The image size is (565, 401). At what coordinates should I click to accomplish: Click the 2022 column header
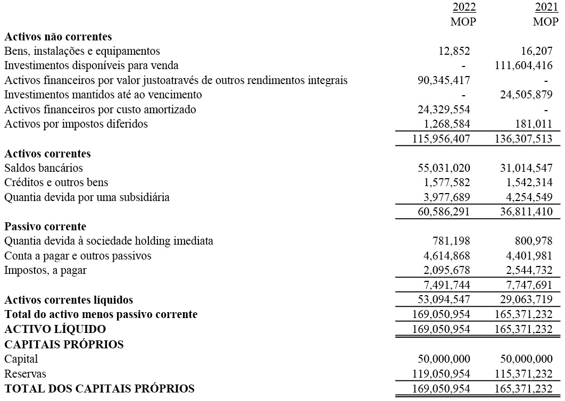click(x=464, y=7)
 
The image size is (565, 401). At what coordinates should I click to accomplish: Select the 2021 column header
click(x=547, y=7)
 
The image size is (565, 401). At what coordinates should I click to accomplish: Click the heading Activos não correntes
click(x=58, y=37)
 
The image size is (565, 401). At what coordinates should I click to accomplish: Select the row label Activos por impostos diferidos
click(x=76, y=124)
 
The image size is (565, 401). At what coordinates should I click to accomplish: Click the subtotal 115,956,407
click(x=442, y=139)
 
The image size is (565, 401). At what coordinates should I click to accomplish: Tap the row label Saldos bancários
click(x=44, y=168)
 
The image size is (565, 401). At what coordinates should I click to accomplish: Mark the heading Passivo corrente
click(x=45, y=227)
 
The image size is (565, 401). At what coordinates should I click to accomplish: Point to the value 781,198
click(x=453, y=241)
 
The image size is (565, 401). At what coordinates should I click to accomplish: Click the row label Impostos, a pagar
click(x=45, y=270)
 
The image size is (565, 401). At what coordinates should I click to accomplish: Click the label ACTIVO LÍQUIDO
click(x=55, y=329)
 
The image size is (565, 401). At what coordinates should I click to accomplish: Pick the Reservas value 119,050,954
click(x=442, y=373)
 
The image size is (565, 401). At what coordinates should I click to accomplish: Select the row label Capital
click(x=21, y=359)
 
